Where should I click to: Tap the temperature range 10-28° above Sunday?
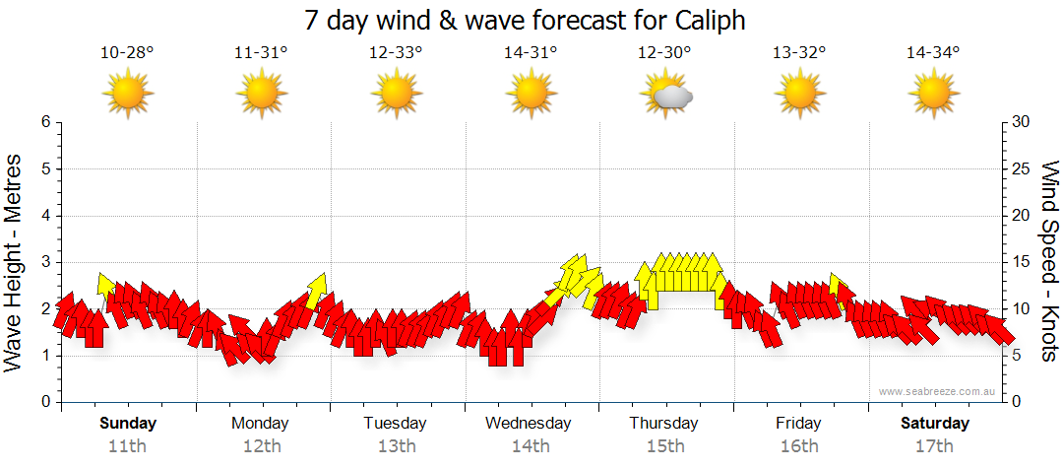click(x=127, y=53)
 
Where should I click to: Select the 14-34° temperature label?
click(x=933, y=53)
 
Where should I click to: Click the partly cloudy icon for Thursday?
click(x=666, y=96)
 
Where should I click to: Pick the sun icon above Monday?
click(x=261, y=96)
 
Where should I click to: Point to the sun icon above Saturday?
click(x=933, y=96)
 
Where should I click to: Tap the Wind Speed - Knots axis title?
click(x=1048, y=261)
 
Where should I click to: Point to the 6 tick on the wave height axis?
click(x=44, y=122)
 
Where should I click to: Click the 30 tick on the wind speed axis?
click(x=1022, y=122)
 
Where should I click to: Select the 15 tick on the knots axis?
click(x=1022, y=262)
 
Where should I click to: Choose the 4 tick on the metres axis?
click(x=44, y=216)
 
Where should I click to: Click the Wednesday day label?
click(x=529, y=424)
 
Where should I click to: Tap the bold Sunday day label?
click(x=127, y=424)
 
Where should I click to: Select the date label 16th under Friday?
click(x=799, y=446)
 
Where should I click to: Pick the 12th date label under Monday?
click(x=260, y=446)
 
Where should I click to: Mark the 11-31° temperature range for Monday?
click(x=261, y=53)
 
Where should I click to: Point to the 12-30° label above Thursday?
click(x=664, y=53)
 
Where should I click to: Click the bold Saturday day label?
click(x=935, y=424)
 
